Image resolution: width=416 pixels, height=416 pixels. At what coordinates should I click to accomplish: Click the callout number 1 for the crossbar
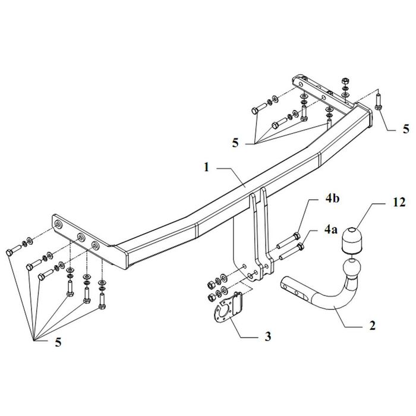point(206,168)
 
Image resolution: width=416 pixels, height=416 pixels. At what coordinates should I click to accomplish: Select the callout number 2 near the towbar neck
point(372,326)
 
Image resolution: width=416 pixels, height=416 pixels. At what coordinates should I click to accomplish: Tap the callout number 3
point(268,336)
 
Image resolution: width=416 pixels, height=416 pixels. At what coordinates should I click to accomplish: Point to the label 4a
point(331,229)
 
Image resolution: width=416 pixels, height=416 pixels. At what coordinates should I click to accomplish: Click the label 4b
point(332,198)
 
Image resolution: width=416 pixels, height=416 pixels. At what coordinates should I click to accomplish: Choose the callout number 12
point(399,203)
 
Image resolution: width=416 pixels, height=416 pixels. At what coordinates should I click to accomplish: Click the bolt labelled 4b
point(289,241)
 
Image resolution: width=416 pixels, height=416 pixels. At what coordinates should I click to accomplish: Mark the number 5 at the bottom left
point(58,342)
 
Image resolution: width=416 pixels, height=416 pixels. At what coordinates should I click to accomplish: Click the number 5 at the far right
point(406,129)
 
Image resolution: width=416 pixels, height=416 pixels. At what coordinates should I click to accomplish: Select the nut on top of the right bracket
point(345,80)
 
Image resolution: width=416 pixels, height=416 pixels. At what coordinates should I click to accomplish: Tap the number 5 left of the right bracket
point(235,143)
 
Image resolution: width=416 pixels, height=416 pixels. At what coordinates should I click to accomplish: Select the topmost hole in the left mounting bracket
point(57,225)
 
